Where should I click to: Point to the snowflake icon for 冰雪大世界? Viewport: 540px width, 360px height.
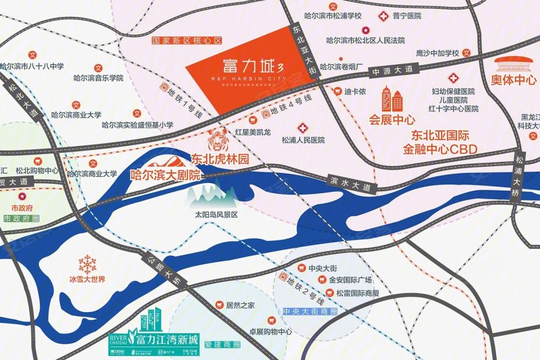88,264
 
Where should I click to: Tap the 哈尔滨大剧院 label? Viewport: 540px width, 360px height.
160,174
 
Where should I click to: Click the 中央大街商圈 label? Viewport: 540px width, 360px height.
309,311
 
